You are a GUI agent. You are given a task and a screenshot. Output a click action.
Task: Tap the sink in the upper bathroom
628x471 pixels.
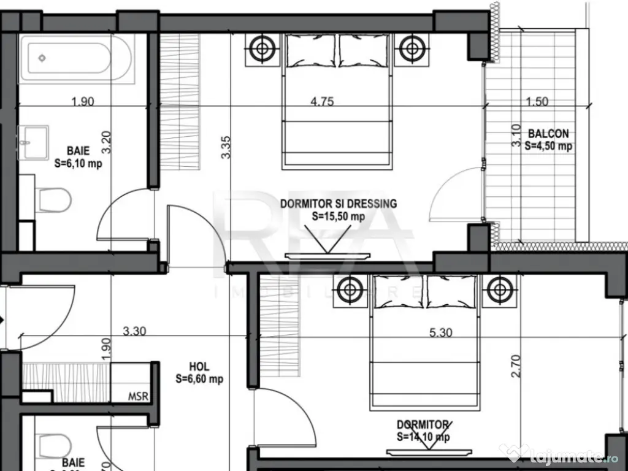tap(33, 142)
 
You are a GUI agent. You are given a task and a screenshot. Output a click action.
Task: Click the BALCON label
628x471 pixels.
tap(548, 133)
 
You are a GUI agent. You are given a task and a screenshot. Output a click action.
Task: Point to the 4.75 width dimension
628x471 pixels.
tap(322, 102)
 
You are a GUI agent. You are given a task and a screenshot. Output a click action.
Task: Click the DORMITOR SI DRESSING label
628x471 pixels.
tap(339, 204)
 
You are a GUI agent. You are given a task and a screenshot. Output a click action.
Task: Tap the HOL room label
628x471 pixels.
tap(199, 367)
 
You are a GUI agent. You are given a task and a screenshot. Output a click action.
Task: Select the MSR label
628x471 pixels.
tap(138, 396)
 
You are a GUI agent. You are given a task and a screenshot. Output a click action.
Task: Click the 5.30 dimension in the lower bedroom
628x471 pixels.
tap(441, 333)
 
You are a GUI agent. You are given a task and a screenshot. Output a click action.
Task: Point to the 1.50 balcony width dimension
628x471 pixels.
tap(537, 102)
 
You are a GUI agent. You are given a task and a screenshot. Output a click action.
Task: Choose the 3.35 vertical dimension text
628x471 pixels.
tap(226, 147)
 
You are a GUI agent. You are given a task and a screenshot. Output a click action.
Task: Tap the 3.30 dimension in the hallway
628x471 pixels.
tap(134, 332)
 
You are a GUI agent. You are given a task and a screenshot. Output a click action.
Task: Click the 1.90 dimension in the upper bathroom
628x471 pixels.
tap(83, 102)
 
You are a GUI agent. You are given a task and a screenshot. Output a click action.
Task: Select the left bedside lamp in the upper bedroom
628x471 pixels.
tap(262, 48)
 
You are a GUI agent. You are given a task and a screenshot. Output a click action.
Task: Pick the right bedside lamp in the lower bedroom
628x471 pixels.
tap(499, 289)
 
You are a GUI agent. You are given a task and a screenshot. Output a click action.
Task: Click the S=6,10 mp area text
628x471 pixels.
tap(78, 164)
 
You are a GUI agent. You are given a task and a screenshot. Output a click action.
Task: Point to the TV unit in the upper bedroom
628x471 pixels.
tap(328, 255)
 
